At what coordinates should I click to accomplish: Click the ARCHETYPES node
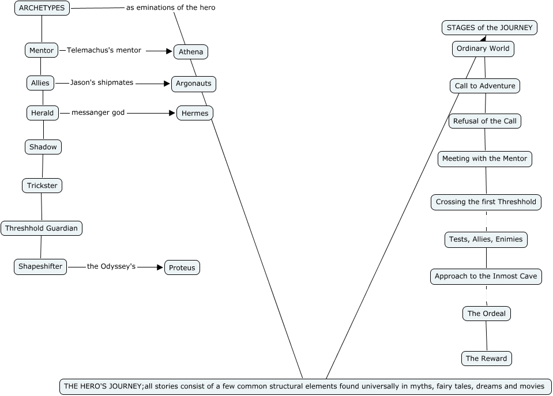[x=42, y=8]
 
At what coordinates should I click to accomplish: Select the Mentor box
[x=42, y=50]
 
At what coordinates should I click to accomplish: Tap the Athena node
[x=191, y=52]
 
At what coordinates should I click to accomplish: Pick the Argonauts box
[x=194, y=84]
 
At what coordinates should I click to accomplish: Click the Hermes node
[x=195, y=113]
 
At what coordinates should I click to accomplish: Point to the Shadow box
[x=43, y=147]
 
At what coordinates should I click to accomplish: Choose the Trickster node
[x=42, y=186]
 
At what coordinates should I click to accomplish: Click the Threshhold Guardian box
[x=42, y=228]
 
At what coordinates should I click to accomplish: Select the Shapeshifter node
[x=40, y=266]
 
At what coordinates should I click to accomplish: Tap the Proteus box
[x=182, y=267]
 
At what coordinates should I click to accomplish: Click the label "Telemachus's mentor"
[x=104, y=50]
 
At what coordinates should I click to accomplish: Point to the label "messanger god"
[x=98, y=112]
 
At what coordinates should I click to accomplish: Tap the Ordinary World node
[x=483, y=49]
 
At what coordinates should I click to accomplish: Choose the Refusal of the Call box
[x=485, y=121]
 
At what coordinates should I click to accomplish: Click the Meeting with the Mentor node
[x=484, y=159]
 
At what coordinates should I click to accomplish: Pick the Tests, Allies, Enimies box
[x=486, y=239]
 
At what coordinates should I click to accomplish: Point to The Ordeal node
[x=487, y=314]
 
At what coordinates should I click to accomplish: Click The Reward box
[x=487, y=359]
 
